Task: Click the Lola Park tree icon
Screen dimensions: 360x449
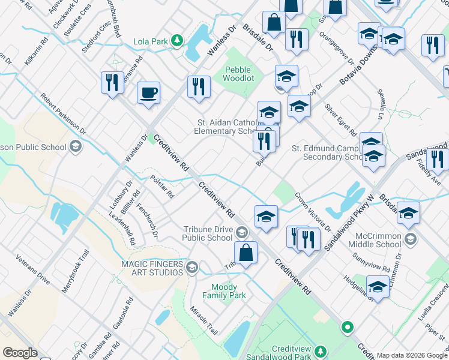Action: (x=177, y=41)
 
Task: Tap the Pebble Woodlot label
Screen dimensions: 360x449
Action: (x=238, y=74)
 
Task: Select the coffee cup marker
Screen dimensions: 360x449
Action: (x=148, y=94)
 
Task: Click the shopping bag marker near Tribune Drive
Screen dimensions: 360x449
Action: (x=246, y=253)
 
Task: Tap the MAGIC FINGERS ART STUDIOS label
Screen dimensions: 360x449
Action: (x=152, y=268)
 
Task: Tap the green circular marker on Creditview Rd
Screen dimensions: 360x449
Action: (x=346, y=328)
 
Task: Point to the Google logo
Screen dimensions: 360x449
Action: (x=20, y=353)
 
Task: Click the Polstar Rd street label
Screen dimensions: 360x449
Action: (x=162, y=187)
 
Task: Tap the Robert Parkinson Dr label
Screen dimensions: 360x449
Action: (x=63, y=115)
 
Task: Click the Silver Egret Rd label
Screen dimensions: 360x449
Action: (x=341, y=119)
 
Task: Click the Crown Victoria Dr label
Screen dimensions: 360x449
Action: (x=312, y=211)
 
